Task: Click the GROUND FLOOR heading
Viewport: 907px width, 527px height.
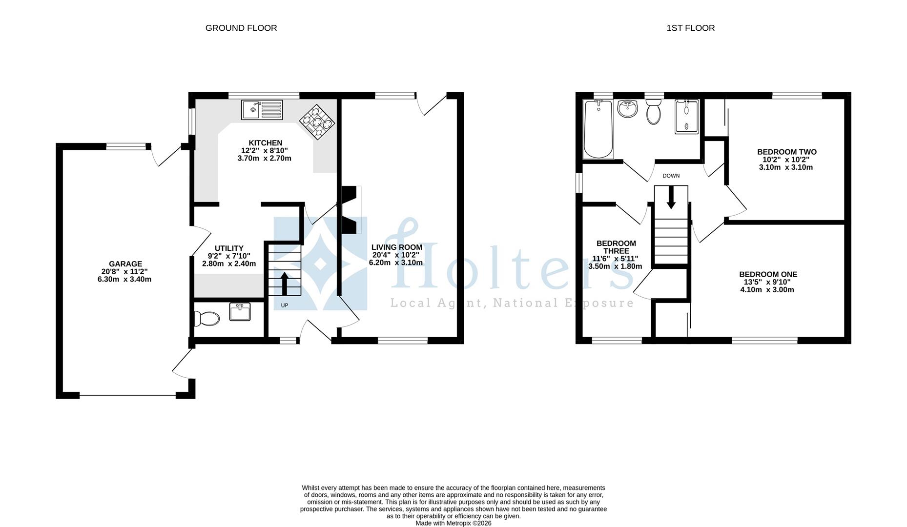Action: pos(241,28)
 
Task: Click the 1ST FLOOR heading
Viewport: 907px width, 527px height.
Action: pos(690,28)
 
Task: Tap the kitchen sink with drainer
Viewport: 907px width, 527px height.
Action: pos(262,110)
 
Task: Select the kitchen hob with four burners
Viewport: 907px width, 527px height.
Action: pos(317,122)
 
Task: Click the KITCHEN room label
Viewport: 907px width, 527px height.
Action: pos(265,143)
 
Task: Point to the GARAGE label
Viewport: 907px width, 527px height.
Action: pos(125,264)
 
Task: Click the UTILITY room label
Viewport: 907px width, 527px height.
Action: pos(228,248)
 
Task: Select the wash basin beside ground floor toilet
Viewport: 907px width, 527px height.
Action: pos(240,312)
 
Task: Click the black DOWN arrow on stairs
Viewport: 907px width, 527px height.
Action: pos(671,197)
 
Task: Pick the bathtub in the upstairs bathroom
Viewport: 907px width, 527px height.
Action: pos(598,129)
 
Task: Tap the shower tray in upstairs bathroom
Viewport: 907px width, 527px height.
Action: pos(687,117)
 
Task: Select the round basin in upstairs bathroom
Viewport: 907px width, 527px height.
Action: pos(627,109)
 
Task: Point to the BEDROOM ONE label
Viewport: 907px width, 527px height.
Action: pos(768,274)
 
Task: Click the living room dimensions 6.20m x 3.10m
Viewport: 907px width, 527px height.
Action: pos(396,263)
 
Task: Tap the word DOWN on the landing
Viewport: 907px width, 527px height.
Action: pos(671,176)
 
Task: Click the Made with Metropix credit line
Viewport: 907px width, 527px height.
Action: pos(453,523)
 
